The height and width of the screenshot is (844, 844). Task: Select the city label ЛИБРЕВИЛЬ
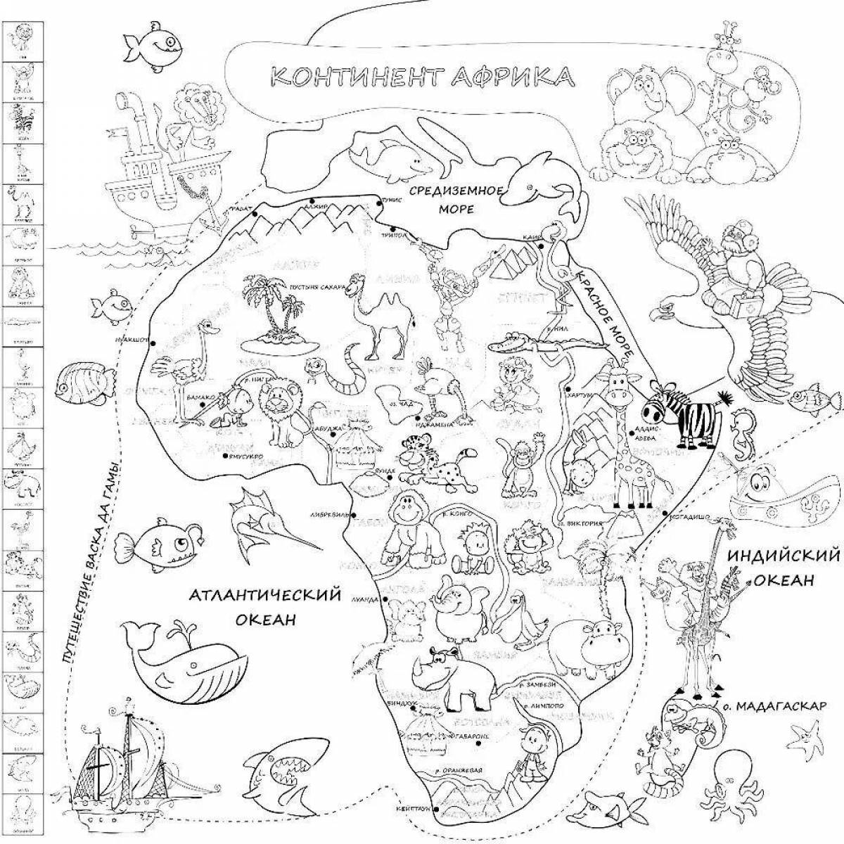pyautogui.click(x=327, y=515)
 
